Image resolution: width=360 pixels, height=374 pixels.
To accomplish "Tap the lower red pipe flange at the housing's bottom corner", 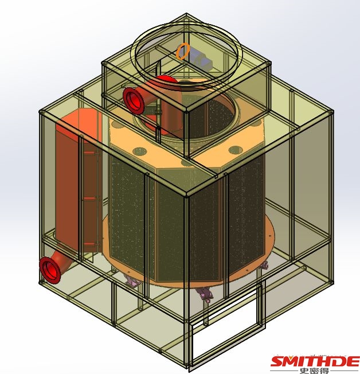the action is click(50, 270).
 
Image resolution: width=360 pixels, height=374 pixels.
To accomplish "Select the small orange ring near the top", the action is click(183, 51).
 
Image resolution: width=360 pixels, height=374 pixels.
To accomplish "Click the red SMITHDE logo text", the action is click(315, 361).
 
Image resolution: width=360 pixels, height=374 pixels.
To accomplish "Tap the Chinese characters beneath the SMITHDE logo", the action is click(314, 371).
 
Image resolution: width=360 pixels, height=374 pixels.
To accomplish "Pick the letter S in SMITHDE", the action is click(279, 361).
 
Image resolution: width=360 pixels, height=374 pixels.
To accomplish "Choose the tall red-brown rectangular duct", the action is click(78, 181).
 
